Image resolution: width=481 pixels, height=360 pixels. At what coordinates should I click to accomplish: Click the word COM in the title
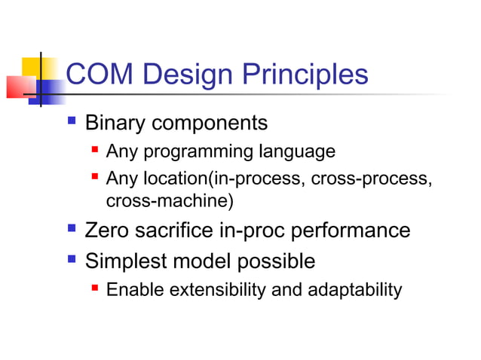click(98, 75)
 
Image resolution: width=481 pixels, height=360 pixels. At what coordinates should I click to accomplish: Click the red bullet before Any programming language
click(95, 151)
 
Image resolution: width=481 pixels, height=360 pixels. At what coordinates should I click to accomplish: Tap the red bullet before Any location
click(95, 178)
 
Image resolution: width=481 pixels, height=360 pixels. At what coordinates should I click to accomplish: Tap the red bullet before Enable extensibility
click(95, 288)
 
